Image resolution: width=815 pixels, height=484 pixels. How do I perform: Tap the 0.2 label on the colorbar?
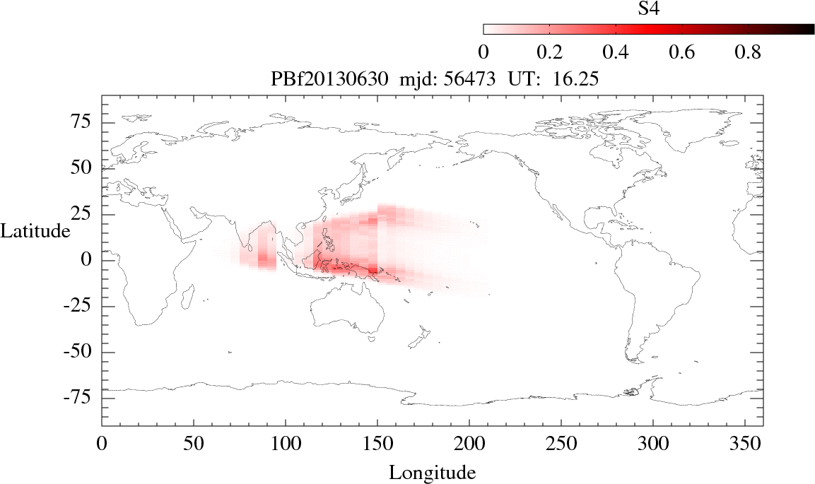549,52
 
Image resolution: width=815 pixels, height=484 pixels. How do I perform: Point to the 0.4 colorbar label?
616,52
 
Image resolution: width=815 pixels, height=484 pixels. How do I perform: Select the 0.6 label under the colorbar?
682,52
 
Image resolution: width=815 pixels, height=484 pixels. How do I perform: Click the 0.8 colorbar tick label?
748,52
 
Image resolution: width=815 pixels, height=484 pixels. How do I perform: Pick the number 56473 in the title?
470,80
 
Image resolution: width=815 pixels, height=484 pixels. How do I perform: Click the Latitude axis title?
35,231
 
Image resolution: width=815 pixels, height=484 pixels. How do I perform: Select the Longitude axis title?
432,472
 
